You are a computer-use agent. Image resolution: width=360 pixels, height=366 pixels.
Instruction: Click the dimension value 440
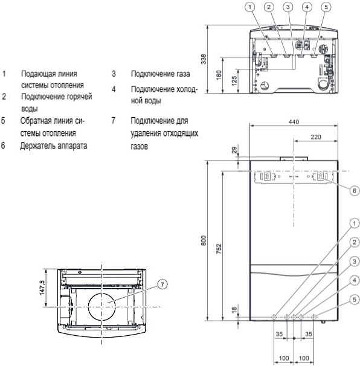[x=294, y=121]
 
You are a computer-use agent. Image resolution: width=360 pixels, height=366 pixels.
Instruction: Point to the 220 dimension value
[x=316, y=136]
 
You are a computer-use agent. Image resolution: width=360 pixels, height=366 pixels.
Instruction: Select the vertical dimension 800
[x=204, y=240]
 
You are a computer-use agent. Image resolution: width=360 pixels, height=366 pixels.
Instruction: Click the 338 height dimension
[x=204, y=59]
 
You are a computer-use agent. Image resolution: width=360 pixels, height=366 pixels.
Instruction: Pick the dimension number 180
[x=219, y=75]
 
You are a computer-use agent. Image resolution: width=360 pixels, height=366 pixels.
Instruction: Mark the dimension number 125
[x=234, y=81]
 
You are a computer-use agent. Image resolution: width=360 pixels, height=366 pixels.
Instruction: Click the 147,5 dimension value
[x=42, y=287]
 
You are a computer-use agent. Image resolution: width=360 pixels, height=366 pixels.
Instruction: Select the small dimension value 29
[x=234, y=150]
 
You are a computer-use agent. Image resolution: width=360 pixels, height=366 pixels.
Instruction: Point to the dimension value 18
[x=234, y=310]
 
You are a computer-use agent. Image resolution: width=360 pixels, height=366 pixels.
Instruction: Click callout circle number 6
[x=355, y=191]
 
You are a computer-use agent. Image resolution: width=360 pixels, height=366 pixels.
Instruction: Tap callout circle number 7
[x=162, y=284]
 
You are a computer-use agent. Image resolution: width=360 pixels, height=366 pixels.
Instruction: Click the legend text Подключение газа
[x=160, y=74]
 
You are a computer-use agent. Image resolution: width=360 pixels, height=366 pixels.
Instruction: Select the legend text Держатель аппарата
[x=54, y=146]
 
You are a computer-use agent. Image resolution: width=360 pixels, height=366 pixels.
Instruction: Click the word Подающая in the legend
[x=36, y=74]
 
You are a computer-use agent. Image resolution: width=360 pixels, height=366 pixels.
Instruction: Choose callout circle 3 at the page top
[x=288, y=7]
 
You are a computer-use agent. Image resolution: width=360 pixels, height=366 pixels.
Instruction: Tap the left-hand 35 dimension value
[x=279, y=334]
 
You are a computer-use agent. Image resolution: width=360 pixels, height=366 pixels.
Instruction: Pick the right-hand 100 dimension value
[x=304, y=358]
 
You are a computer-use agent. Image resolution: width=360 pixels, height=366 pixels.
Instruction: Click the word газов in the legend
[x=139, y=146]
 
